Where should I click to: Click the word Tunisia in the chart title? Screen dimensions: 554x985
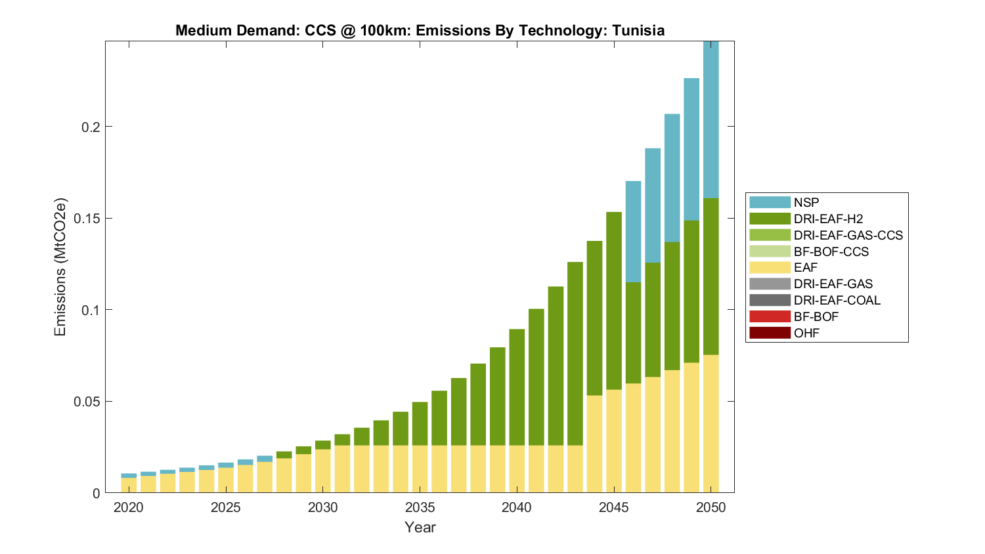(x=638, y=31)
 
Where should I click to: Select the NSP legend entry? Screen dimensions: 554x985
(x=806, y=202)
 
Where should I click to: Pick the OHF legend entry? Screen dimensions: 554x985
(x=806, y=333)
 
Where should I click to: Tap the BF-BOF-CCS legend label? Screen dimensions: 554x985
(x=831, y=251)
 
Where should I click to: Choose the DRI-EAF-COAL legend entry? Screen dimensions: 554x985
(x=837, y=300)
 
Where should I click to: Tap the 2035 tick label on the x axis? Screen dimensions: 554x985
(x=420, y=507)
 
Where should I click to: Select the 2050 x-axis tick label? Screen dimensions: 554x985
(x=711, y=507)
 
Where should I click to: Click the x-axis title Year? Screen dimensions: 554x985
(x=420, y=527)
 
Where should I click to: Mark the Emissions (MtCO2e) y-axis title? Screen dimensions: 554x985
(x=60, y=266)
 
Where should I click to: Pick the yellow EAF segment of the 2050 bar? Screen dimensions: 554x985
(x=711, y=423)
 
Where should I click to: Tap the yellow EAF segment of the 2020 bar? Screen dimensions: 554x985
(x=129, y=485)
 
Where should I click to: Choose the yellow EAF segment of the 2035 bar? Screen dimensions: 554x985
(x=420, y=469)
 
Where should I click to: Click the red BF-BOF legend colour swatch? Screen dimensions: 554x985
(x=770, y=316)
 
